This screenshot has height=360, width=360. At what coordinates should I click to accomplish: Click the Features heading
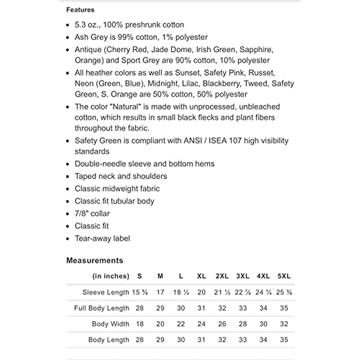[x=80, y=10]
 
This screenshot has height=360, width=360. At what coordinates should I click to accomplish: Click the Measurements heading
[x=94, y=260]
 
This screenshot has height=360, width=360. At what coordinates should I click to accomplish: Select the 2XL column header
[x=222, y=276]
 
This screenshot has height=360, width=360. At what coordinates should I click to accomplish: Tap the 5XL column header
[x=284, y=276]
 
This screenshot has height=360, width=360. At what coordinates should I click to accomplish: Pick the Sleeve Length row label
[x=106, y=292]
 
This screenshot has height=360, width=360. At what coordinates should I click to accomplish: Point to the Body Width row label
[x=110, y=324]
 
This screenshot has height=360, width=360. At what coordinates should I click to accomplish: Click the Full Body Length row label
[x=101, y=308]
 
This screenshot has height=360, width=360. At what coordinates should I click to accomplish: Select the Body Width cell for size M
[x=160, y=324]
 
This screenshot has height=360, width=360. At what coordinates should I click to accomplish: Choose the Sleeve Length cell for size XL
[x=201, y=292]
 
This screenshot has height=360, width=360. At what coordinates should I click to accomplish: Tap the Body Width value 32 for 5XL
[x=284, y=324]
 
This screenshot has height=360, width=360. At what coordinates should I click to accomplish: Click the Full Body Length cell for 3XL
[x=243, y=308]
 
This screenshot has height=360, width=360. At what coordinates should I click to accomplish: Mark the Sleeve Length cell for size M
[x=160, y=292]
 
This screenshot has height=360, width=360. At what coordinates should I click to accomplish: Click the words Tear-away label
[x=102, y=238]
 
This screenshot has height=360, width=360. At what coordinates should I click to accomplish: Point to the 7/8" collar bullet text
[x=92, y=214]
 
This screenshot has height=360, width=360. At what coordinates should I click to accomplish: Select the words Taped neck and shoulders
[x=121, y=176]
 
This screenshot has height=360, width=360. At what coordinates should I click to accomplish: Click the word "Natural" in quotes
[x=127, y=107]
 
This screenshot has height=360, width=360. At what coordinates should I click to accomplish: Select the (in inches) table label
[x=110, y=276]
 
